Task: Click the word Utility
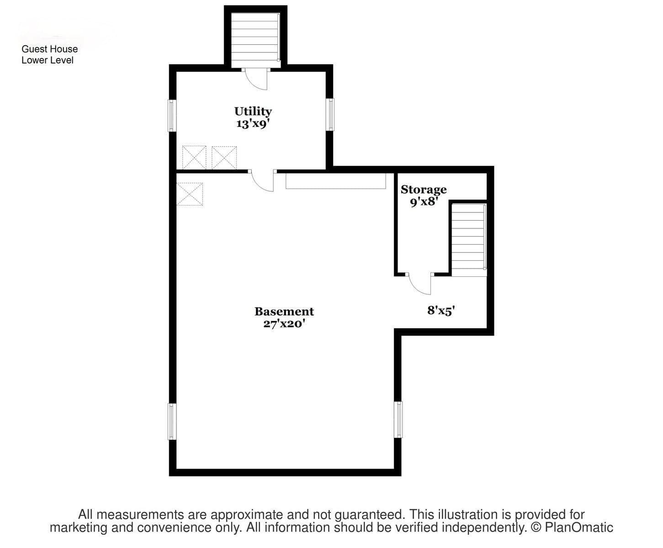(253, 112)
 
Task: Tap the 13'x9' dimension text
(253, 123)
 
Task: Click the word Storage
(424, 190)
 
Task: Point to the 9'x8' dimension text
(424, 201)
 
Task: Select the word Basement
(284, 311)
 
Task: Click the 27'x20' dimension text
(284, 323)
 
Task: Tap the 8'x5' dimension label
(441, 311)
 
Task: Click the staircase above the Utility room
(255, 40)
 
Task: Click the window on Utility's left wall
(172, 116)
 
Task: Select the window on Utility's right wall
(330, 115)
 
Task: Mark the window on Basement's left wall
(172, 422)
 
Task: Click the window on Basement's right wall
(398, 420)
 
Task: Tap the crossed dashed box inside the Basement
(190, 194)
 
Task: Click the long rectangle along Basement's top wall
(336, 181)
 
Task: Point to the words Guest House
(49, 49)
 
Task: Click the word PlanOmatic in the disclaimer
(578, 527)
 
